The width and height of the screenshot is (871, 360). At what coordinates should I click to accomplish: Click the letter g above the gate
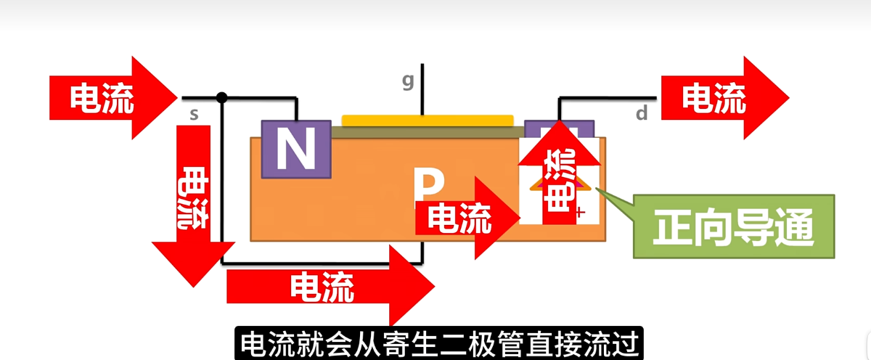pyautogui.click(x=408, y=81)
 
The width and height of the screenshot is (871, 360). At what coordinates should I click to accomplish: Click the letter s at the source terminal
pyautogui.click(x=194, y=114)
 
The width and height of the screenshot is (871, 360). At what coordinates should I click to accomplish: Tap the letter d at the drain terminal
pyautogui.click(x=642, y=113)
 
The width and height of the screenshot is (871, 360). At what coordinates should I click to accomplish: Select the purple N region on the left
pyautogui.click(x=295, y=149)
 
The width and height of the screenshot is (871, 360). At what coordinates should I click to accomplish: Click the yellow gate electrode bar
pyautogui.click(x=428, y=120)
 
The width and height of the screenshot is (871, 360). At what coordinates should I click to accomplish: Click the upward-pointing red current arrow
pyautogui.click(x=558, y=174)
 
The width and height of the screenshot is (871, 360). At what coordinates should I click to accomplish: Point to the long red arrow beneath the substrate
pyautogui.click(x=327, y=286)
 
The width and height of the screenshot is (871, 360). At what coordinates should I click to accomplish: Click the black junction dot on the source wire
pyautogui.click(x=222, y=97)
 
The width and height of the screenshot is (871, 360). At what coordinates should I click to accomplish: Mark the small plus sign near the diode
pyautogui.click(x=579, y=213)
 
